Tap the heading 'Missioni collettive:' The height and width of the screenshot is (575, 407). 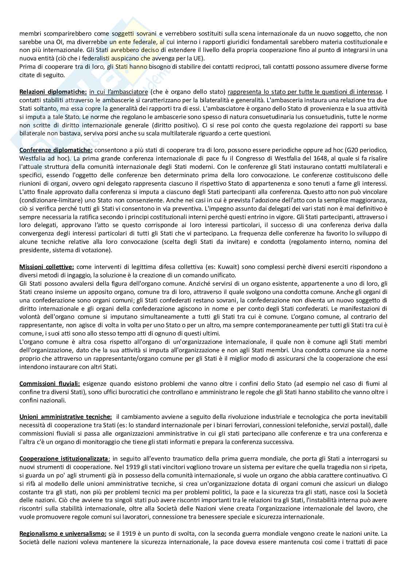click(x=47, y=267)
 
